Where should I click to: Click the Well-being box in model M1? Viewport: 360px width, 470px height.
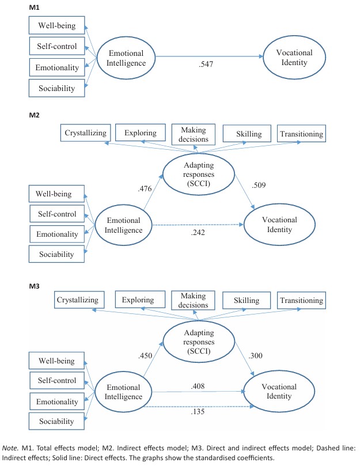(57, 25)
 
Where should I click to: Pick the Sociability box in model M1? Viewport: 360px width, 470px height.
(57, 88)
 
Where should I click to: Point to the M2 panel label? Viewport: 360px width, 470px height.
(35, 115)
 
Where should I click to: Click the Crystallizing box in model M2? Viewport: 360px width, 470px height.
(86, 134)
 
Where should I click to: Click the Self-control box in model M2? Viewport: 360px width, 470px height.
(57, 214)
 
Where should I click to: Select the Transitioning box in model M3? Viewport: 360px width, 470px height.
(301, 300)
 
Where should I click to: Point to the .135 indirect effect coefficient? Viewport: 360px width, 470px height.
(199, 411)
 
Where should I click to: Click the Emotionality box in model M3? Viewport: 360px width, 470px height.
(57, 401)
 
